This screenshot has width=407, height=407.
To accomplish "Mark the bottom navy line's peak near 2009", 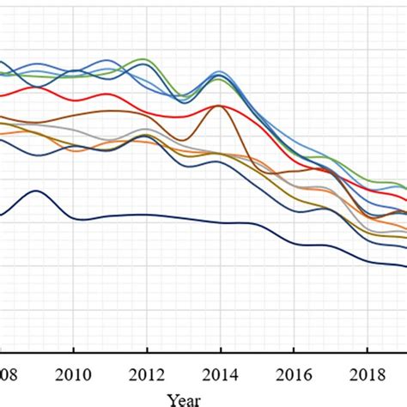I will (x=36, y=191).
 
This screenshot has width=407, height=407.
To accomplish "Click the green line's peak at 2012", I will (x=146, y=60).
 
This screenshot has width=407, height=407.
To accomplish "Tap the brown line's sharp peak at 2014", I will (x=220, y=106).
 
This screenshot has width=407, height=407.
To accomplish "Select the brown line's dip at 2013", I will (x=183, y=140).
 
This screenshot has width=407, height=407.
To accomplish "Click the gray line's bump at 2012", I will (x=147, y=132).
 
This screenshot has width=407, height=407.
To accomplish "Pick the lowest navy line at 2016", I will (x=294, y=242).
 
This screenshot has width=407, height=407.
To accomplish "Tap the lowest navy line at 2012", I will (x=147, y=215).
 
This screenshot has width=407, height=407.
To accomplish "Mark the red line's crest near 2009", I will (x=38, y=88).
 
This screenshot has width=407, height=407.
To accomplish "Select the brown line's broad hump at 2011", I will (x=110, y=111).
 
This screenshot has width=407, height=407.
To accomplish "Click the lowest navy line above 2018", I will (x=367, y=259).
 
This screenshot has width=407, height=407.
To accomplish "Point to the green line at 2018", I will (x=367, y=180).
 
